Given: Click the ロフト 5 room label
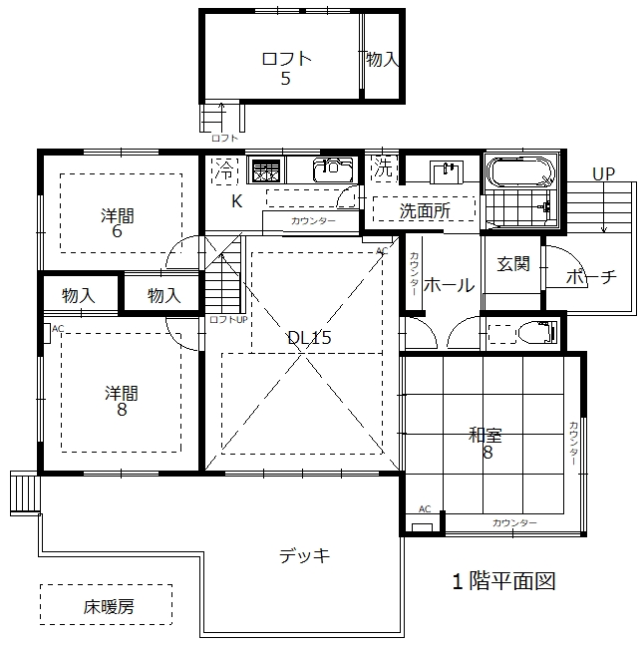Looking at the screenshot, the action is (286, 68).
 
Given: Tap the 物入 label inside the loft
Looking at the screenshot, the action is (382, 59).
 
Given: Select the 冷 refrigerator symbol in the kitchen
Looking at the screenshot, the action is (225, 168).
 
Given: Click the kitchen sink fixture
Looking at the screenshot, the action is (333, 169).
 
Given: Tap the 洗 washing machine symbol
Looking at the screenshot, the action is (383, 167).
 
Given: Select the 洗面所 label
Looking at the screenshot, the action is (425, 211).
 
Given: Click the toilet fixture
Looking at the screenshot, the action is (537, 332).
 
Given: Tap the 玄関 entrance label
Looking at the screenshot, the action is (513, 263).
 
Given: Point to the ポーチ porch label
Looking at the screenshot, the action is (591, 277).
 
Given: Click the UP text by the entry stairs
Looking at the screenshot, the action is (603, 174).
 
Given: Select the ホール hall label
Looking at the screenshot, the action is (449, 285).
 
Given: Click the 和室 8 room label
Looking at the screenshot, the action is (485, 443).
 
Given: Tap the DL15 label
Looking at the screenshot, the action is (309, 338).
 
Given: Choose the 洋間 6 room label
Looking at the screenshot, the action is (118, 223).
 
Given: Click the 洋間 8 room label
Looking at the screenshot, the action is (122, 401).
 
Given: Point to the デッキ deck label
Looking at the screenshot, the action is (304, 555).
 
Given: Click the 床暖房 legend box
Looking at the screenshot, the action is (106, 605).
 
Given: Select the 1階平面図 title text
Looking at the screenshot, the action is (503, 581).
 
